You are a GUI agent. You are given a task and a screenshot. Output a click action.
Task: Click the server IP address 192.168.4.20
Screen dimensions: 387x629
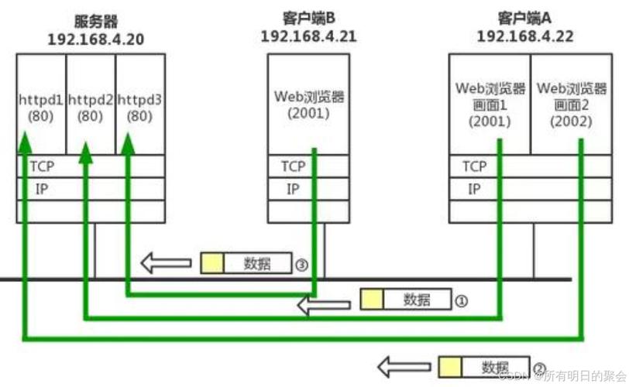[91, 38]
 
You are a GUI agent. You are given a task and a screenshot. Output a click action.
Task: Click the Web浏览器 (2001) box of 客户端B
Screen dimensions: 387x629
[308, 104]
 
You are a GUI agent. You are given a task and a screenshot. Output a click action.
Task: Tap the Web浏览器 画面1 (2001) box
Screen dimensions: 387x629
[490, 104]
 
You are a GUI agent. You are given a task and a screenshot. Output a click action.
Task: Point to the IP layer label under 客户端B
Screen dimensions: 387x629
[293, 188]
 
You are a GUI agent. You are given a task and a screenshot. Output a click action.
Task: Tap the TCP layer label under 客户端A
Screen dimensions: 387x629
[474, 166]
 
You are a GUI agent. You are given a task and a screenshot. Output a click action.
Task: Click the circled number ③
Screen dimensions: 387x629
[302, 264]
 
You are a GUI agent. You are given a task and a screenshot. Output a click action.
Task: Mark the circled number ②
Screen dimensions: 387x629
[540, 367]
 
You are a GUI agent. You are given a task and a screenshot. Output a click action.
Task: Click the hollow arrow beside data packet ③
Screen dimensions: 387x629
[166, 263]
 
